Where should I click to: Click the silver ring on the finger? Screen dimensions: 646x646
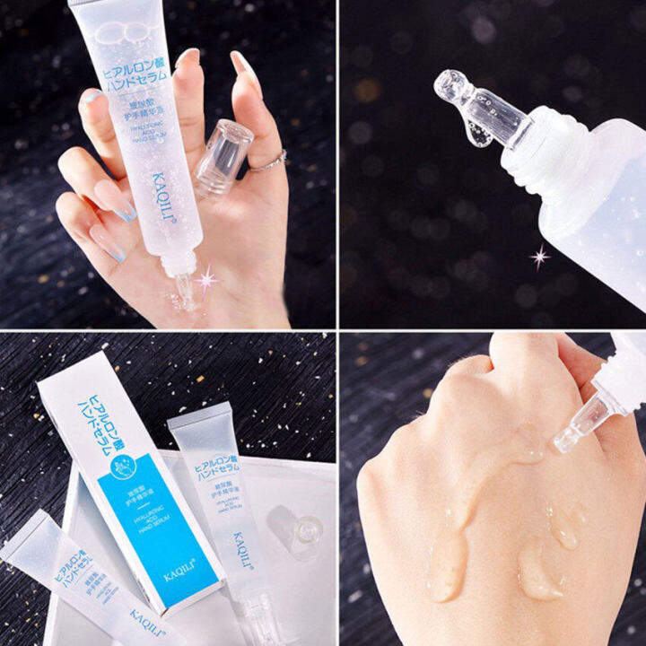(267, 161)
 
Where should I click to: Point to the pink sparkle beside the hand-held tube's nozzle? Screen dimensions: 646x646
(207, 281)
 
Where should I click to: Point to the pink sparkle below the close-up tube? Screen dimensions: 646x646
(539, 258)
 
